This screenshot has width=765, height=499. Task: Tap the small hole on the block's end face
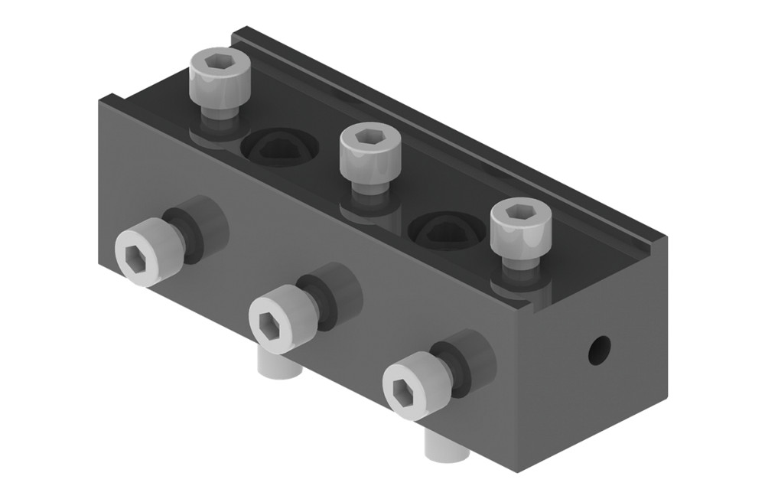(x=598, y=349)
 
